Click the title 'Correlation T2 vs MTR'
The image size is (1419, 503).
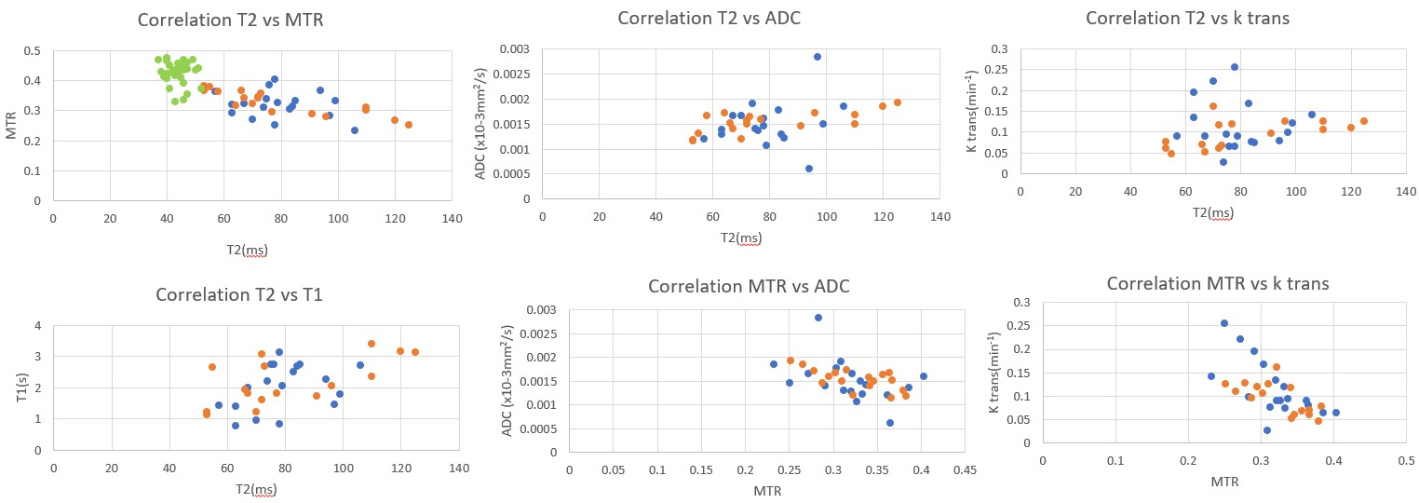(230, 20)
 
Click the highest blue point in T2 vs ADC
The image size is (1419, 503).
(818, 57)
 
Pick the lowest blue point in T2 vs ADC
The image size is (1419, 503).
(808, 169)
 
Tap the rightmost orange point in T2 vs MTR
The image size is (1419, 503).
(408, 125)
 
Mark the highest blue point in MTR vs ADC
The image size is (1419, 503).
(818, 318)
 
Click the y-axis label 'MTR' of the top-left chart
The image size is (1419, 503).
(13, 126)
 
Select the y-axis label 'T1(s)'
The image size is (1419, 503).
(13, 386)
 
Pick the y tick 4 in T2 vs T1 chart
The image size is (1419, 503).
(37, 326)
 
